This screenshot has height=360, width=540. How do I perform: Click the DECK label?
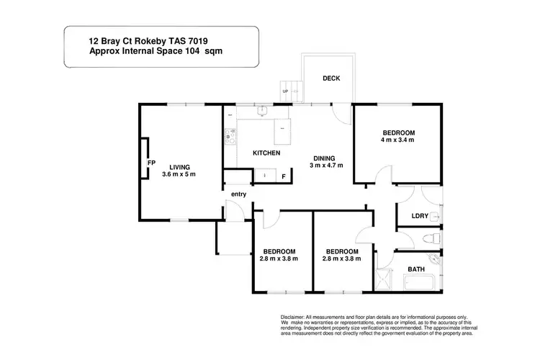331,78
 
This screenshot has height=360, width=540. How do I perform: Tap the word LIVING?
170,167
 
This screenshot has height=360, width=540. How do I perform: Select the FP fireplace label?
151,163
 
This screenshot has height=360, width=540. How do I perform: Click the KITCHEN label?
266,153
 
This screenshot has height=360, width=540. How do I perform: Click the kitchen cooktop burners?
231,135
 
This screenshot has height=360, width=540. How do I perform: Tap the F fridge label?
283,176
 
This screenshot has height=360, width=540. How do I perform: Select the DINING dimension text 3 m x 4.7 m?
327,166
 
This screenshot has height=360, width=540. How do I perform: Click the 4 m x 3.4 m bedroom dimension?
398,140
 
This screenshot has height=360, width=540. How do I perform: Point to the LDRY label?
419,215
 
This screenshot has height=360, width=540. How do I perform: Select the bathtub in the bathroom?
417,282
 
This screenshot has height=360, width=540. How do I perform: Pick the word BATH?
416,269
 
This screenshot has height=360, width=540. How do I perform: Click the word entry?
238,194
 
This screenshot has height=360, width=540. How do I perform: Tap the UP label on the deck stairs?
286,92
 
